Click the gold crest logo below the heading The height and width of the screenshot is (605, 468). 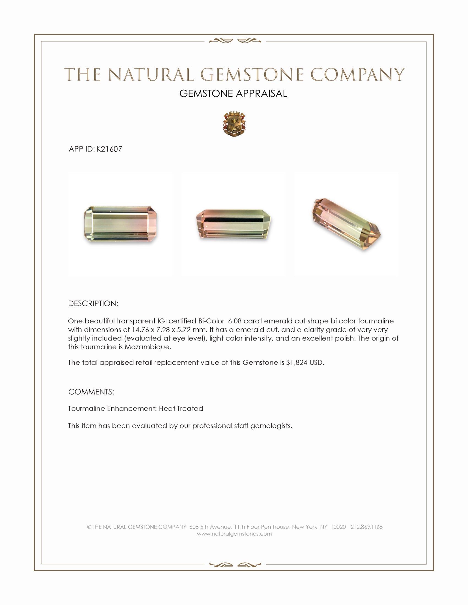(234, 124)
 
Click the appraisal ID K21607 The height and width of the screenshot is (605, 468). (109, 149)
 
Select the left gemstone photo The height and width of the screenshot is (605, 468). (120, 224)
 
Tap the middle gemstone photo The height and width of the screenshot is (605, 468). (233, 224)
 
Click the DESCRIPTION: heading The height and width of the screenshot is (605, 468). (93, 304)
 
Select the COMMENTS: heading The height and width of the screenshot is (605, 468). (91, 392)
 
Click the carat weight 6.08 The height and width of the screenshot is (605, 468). (235, 321)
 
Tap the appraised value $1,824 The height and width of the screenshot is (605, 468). (297, 363)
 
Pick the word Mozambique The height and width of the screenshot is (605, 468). (148, 347)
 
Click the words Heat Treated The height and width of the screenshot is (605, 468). (181, 409)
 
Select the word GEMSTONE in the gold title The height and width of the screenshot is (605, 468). (252, 75)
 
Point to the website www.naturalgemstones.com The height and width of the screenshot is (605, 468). (234, 534)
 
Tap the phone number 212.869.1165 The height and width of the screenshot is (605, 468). (366, 527)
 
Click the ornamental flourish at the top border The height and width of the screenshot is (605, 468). (235, 41)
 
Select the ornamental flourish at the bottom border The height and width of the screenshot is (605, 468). (235, 565)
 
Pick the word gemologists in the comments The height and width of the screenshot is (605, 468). (271, 426)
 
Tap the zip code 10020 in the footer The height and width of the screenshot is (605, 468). (338, 527)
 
